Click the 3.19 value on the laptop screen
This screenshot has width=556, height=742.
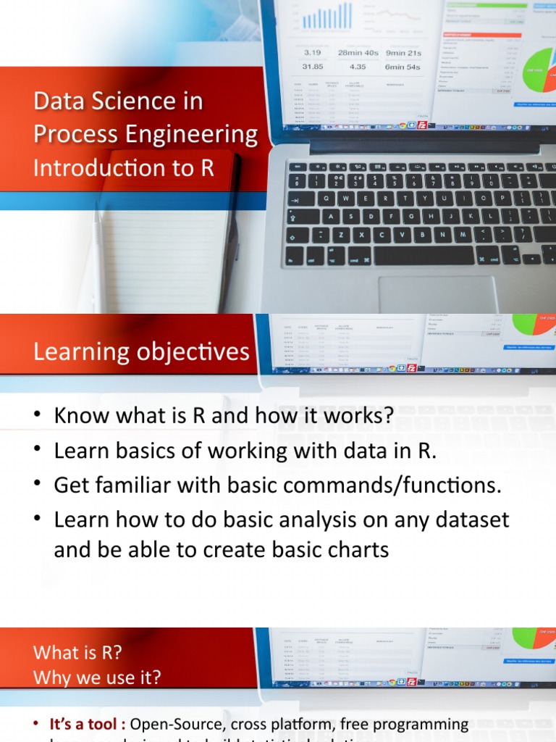[312, 53]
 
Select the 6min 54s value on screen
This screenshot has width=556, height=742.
[403, 67]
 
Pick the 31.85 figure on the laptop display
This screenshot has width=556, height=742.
[312, 67]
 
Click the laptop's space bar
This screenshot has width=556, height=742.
[424, 255]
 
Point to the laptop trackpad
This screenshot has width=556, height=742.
[437, 293]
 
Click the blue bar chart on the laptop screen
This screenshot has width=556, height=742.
[327, 16]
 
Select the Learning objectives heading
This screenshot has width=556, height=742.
[141, 352]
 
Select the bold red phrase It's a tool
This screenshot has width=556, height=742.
[88, 724]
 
